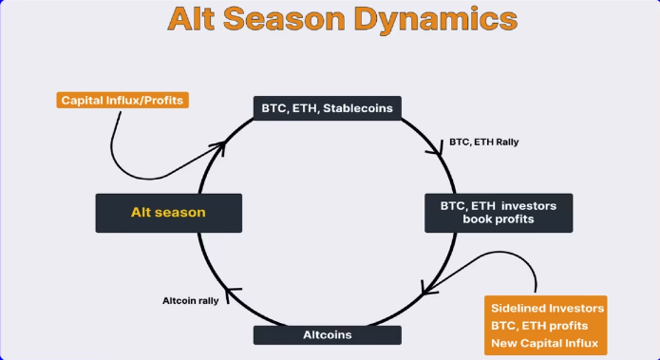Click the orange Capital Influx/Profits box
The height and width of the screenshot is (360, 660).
122,99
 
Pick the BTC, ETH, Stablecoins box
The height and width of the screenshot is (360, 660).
327,107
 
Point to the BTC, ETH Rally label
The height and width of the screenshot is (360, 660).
484,142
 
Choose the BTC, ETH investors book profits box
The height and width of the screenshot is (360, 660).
500,212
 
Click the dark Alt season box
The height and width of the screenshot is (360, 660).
169,212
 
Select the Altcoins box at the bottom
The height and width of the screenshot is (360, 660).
327,334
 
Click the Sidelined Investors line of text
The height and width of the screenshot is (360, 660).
547,308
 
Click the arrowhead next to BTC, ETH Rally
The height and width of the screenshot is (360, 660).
437,147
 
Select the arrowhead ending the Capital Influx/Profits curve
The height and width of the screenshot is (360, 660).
219,146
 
